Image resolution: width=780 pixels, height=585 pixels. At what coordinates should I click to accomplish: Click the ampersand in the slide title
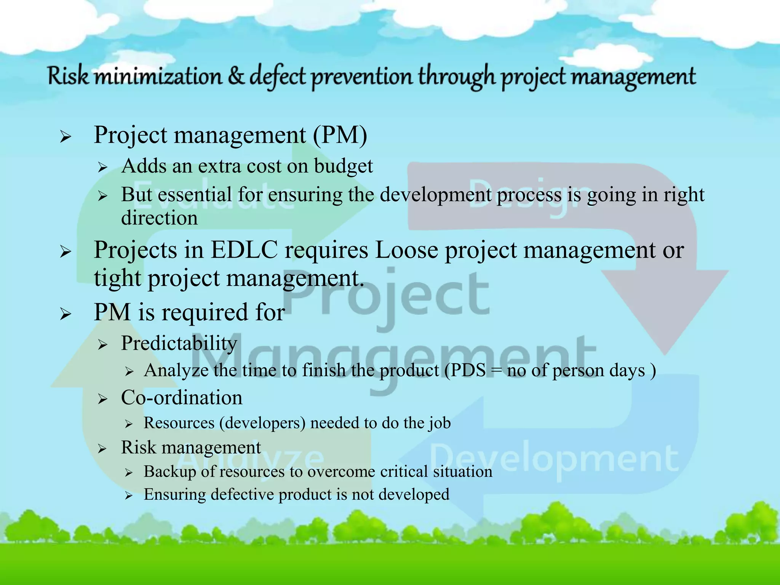[236, 76]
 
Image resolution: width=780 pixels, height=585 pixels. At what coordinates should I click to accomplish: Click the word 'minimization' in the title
[158, 76]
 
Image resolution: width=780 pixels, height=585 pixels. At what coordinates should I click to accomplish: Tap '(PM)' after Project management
[340, 135]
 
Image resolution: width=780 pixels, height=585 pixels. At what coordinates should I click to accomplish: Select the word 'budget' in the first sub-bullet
[343, 166]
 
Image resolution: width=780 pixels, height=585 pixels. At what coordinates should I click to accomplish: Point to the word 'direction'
[159, 218]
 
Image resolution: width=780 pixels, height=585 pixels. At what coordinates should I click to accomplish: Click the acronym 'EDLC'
[244, 250]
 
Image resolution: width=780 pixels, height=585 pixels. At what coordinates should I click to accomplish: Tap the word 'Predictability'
[179, 343]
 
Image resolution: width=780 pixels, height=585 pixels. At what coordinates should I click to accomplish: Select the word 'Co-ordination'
[182, 398]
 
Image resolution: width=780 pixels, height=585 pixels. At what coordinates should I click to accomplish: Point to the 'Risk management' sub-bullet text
[191, 447]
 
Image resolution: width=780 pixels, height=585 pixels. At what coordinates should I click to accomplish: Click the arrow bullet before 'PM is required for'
[66, 314]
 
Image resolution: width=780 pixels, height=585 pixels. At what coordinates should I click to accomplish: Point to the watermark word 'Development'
[554, 459]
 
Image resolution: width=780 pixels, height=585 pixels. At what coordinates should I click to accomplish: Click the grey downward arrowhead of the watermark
[665, 305]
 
